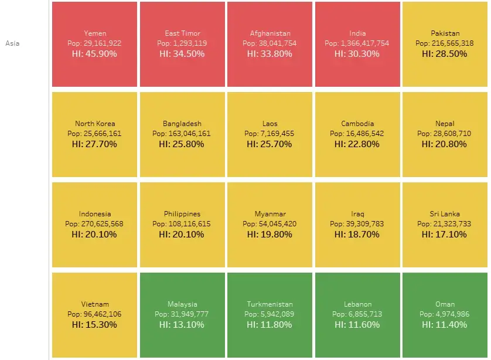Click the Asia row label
point(12,43)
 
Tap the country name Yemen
point(95,33)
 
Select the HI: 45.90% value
point(94,53)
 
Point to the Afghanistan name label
point(270,33)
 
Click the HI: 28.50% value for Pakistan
point(444,53)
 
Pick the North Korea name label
point(95,124)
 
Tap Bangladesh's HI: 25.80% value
point(182,144)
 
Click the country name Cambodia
point(357,124)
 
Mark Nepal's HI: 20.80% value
point(444,144)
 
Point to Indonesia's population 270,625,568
point(102,224)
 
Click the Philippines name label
point(182,214)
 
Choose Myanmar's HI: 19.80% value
point(270,234)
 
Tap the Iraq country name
point(357,214)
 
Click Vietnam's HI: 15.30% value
point(94,324)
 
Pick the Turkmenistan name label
point(270,304)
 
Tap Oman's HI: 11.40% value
point(444,324)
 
